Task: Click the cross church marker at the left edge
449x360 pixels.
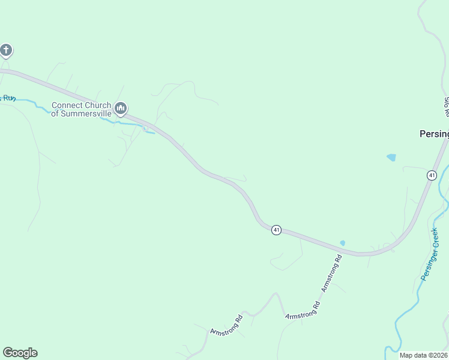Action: [5, 50]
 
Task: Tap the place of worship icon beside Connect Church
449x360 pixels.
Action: [121, 109]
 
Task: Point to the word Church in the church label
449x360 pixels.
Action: [96, 106]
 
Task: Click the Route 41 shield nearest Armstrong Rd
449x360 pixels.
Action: [276, 230]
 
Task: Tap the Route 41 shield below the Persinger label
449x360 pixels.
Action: [432, 175]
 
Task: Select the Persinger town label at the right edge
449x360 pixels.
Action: [434, 134]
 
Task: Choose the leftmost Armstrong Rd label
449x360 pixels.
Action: [226, 325]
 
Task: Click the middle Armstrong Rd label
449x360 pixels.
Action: [303, 310]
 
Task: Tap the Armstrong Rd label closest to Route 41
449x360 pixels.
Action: [331, 273]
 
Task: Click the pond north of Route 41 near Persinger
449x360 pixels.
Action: [391, 157]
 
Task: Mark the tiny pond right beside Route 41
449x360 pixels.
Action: [342, 243]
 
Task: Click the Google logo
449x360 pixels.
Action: [20, 353]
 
